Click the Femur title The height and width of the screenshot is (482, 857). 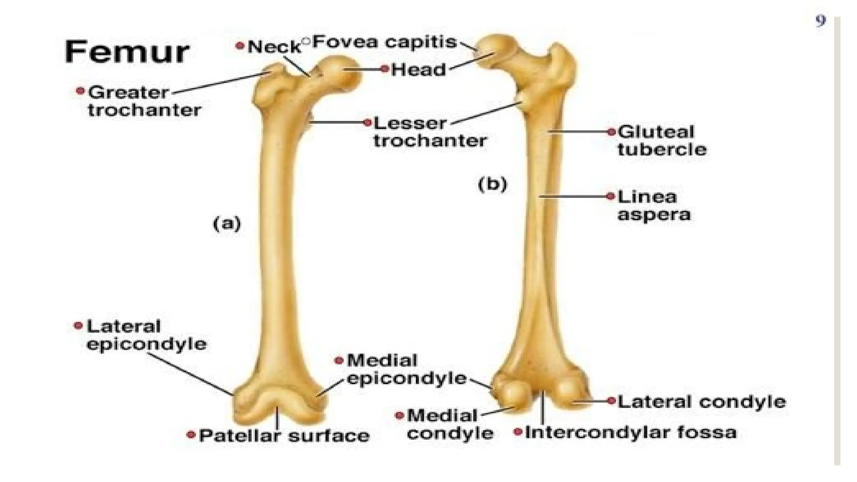tap(127, 52)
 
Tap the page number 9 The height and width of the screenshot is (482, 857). tap(821, 21)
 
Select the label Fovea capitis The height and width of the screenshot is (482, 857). tap(385, 42)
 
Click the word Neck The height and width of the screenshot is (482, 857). tap(274, 47)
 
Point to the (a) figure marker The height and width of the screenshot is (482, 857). tap(227, 223)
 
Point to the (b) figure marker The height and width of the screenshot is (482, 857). tap(492, 184)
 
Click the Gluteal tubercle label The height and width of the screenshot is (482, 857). tap(662, 141)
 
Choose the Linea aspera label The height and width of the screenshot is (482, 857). tap(653, 205)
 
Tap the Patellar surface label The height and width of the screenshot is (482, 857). tap(284, 436)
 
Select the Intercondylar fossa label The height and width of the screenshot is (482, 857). tap(630, 432)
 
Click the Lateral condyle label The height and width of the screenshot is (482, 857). tap(701, 402)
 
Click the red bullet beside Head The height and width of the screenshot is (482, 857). tap(385, 69)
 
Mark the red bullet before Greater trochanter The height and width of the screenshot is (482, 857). tap(80, 91)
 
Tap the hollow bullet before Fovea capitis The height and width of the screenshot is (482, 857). tap(306, 41)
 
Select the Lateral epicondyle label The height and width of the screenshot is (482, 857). tap(146, 335)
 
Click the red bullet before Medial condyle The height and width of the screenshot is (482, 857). tap(399, 415)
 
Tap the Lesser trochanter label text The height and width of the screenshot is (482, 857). tap(429, 132)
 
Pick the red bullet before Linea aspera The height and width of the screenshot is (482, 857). tap(611, 196)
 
